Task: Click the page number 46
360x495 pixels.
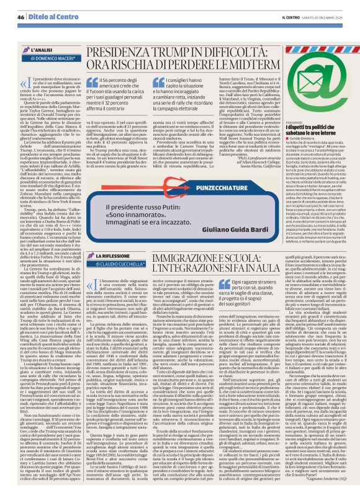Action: tap(21, 17)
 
